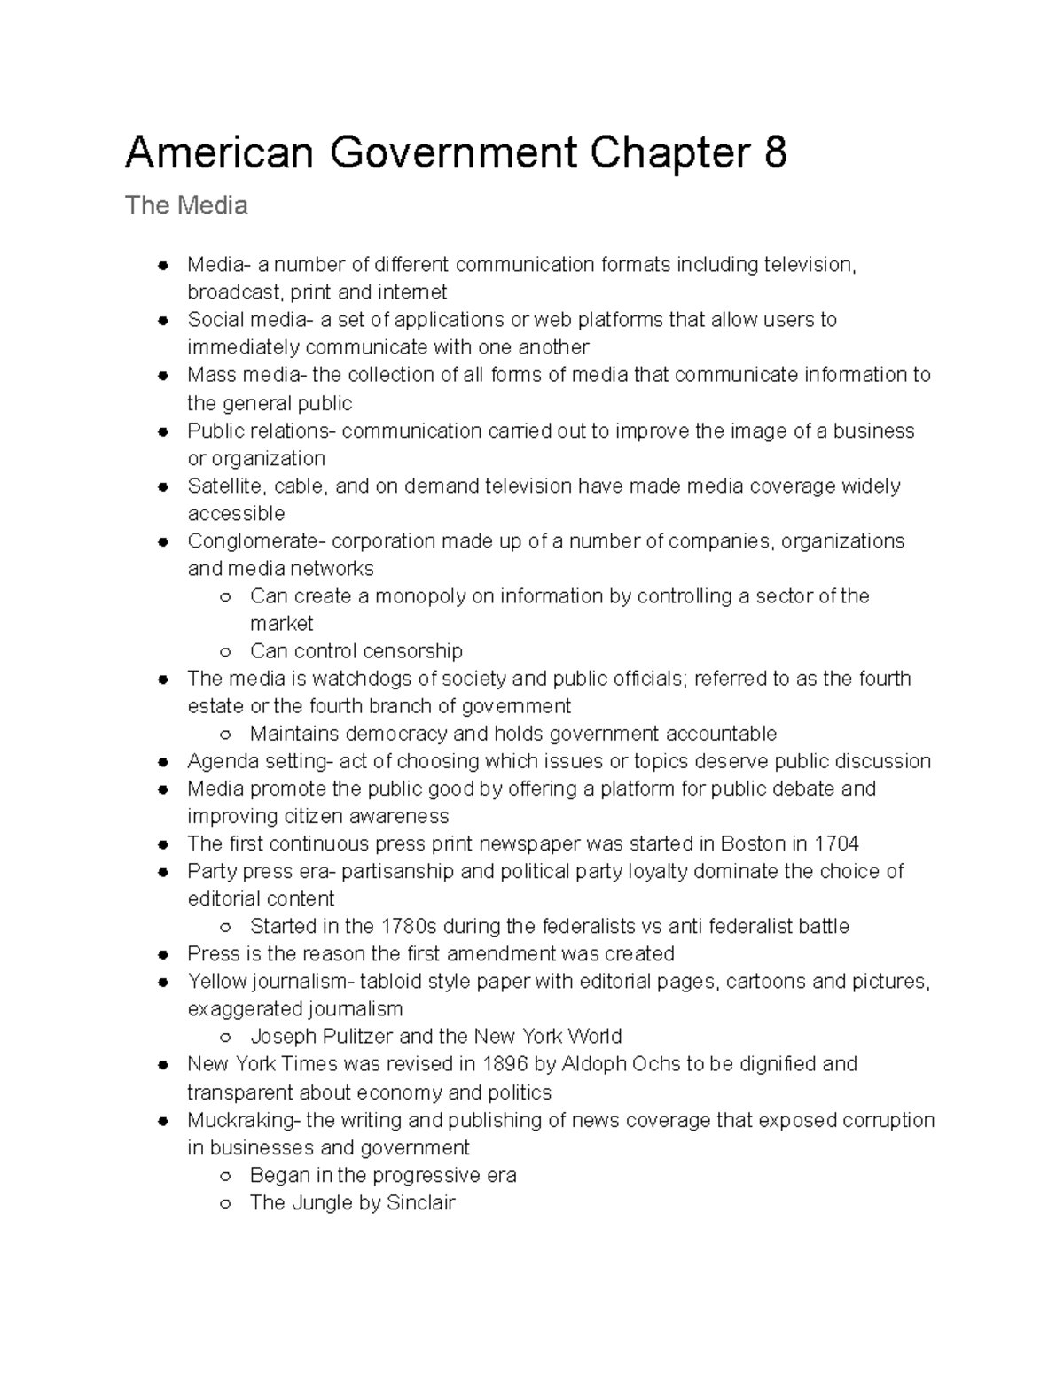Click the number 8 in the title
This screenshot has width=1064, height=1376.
(773, 153)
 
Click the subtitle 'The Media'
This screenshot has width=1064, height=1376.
(186, 206)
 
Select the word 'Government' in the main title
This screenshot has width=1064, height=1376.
(453, 153)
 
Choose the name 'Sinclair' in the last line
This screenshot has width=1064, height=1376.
(419, 1202)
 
